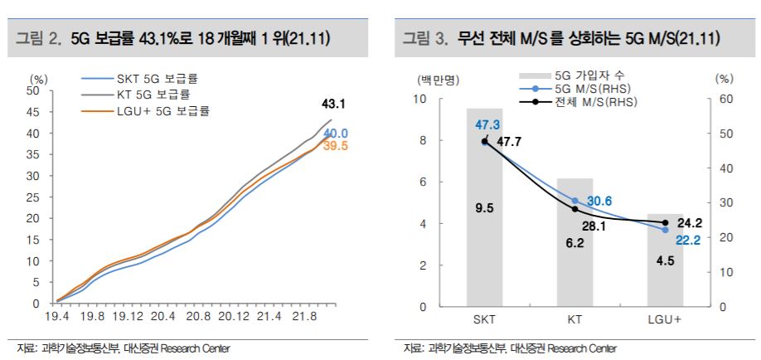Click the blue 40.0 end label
pos(336,134)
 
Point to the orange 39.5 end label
pos(336,147)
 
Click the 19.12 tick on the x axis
pos(128,316)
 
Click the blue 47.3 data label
pos(487,124)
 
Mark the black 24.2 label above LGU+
pos(689,222)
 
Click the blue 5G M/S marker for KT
pos(574,201)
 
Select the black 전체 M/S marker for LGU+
pos(665,222)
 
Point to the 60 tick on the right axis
pos(725,99)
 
